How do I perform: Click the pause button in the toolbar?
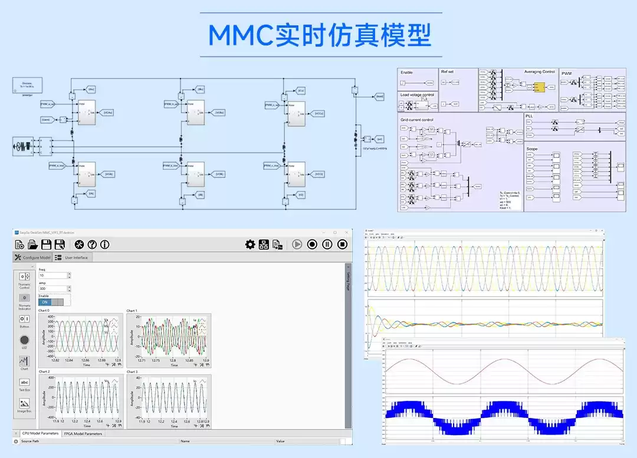click(x=327, y=244)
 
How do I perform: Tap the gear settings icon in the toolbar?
click(x=250, y=244)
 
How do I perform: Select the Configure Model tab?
click(x=33, y=258)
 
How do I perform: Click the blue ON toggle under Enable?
click(x=45, y=302)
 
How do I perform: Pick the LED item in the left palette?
click(x=24, y=340)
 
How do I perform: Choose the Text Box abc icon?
click(x=24, y=382)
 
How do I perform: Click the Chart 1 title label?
click(x=132, y=311)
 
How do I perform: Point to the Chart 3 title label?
click(x=132, y=372)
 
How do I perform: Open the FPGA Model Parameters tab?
click(x=83, y=434)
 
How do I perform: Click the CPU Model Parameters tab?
click(x=40, y=434)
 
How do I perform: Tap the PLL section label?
click(x=528, y=116)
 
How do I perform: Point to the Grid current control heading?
click(x=417, y=120)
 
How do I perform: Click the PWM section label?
click(x=566, y=74)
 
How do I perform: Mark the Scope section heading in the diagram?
click(x=531, y=149)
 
